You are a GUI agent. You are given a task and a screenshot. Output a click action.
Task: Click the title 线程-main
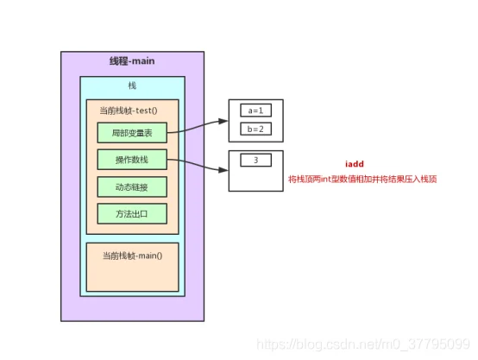coord(132,61)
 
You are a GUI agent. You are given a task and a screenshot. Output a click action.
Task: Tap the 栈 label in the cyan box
coord(132,85)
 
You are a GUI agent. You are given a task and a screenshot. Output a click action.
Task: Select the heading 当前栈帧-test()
coord(129,111)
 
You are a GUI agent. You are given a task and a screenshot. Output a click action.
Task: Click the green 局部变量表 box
coord(132,133)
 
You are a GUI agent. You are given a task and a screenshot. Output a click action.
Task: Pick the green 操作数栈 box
coord(132,160)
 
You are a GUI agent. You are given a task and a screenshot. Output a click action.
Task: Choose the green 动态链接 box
coord(132,186)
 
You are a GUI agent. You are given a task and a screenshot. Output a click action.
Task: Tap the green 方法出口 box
coord(132,213)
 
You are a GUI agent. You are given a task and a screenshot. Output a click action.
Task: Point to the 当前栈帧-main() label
coord(132,256)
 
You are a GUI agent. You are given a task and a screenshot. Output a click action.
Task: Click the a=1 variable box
coord(255,111)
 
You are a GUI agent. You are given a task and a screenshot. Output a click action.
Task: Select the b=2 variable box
coord(255,129)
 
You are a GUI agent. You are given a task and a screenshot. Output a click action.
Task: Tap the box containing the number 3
coord(255,161)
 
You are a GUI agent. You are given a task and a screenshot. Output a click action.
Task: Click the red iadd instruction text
coord(355,164)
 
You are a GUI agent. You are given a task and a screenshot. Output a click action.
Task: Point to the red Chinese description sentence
coord(362,179)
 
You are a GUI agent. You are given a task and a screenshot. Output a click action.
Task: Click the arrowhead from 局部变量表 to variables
coord(223,121)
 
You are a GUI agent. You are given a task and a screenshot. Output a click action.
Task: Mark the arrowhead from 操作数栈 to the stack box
coord(223,170)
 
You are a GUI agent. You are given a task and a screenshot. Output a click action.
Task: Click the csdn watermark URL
coord(363,344)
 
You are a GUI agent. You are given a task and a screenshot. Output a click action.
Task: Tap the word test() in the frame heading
coord(147,111)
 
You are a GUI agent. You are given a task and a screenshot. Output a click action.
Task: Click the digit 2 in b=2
coord(261,129)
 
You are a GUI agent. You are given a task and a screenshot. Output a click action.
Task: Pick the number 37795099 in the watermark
coord(439,344)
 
